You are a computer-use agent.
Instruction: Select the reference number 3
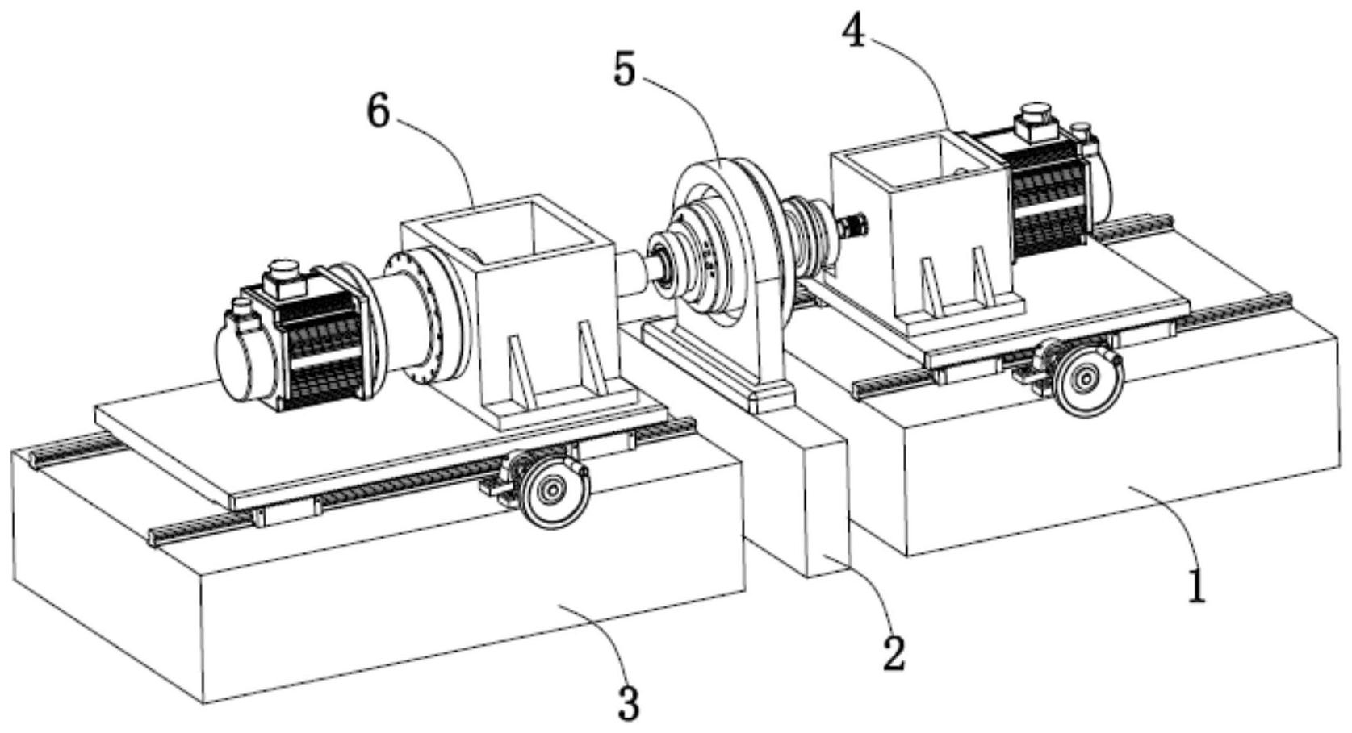tap(628, 703)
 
